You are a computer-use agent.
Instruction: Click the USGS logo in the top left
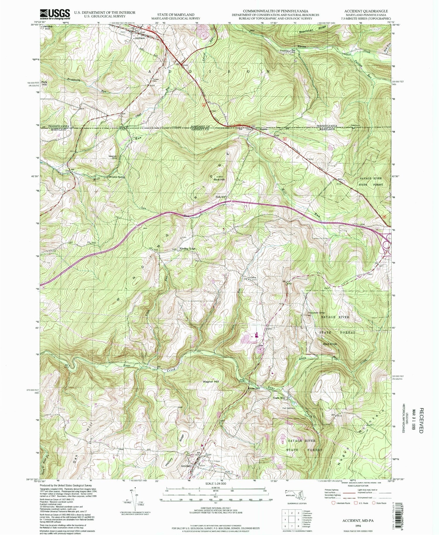(55, 14)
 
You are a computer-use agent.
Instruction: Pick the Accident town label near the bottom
(186, 466)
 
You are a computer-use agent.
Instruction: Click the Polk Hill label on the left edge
(44, 83)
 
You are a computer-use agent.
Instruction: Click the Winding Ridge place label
(187, 249)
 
